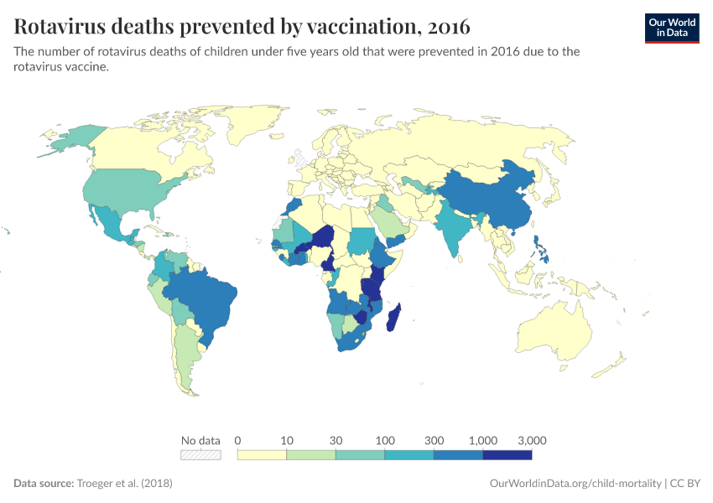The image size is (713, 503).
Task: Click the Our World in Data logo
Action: [x=671, y=28]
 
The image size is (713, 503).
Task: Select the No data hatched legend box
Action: [x=200, y=454]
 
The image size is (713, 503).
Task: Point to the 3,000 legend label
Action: [x=532, y=440]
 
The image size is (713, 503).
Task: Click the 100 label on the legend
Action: [x=385, y=440]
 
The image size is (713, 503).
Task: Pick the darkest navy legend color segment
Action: [x=507, y=454]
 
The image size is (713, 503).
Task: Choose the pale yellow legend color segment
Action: [x=262, y=454]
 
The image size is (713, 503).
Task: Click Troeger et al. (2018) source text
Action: [x=125, y=484]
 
